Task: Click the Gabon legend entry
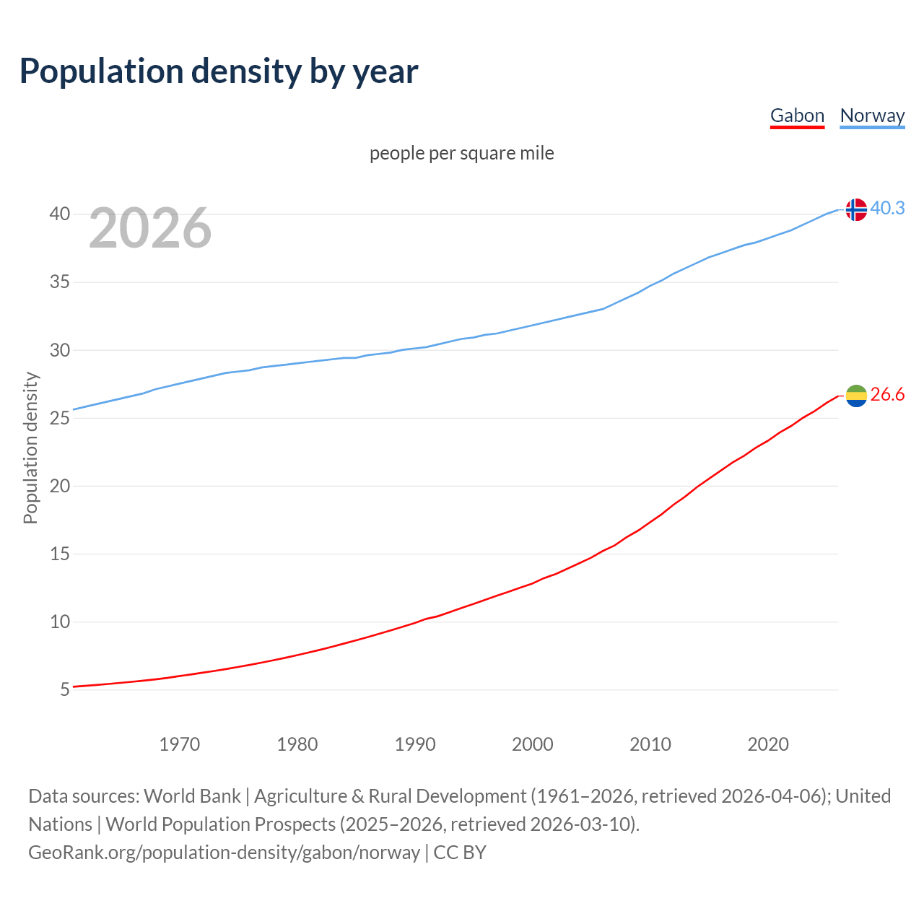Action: (797, 115)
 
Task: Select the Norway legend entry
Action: (872, 115)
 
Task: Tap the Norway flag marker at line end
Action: (855, 209)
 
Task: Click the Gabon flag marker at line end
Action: (855, 396)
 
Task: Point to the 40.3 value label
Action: (887, 208)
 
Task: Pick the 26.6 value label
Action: (887, 394)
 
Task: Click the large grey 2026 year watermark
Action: (150, 228)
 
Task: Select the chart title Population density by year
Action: (219, 71)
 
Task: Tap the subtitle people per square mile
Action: (461, 153)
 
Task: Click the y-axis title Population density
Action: (30, 448)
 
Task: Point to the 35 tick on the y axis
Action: (60, 282)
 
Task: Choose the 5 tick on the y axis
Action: (65, 689)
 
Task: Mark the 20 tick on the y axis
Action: (60, 486)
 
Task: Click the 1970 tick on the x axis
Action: (179, 744)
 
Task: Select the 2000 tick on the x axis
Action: (532, 744)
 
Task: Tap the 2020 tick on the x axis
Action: (767, 744)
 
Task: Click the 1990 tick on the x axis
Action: (414, 744)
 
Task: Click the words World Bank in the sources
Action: (192, 796)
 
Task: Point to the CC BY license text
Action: (460, 852)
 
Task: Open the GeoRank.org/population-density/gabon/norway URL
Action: (224, 852)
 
